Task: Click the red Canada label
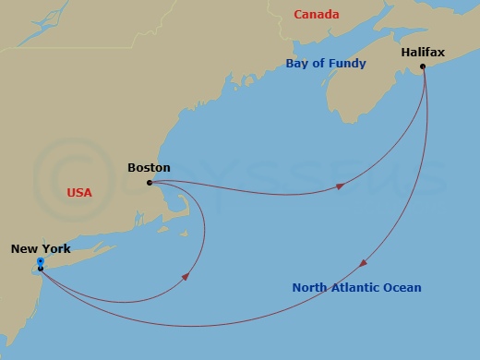(x=316, y=15)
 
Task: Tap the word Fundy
(x=349, y=64)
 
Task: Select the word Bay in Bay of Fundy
(x=297, y=64)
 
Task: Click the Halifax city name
(x=423, y=53)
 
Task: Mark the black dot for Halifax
(x=424, y=67)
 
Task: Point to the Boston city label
(x=149, y=168)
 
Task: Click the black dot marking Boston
(x=150, y=183)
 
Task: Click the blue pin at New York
(x=41, y=262)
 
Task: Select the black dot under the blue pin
(x=41, y=269)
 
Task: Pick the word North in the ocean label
(x=310, y=288)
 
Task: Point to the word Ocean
(x=403, y=288)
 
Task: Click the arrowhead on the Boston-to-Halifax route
(x=341, y=186)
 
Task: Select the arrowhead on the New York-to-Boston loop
(x=188, y=276)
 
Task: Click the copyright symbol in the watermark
(x=64, y=174)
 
